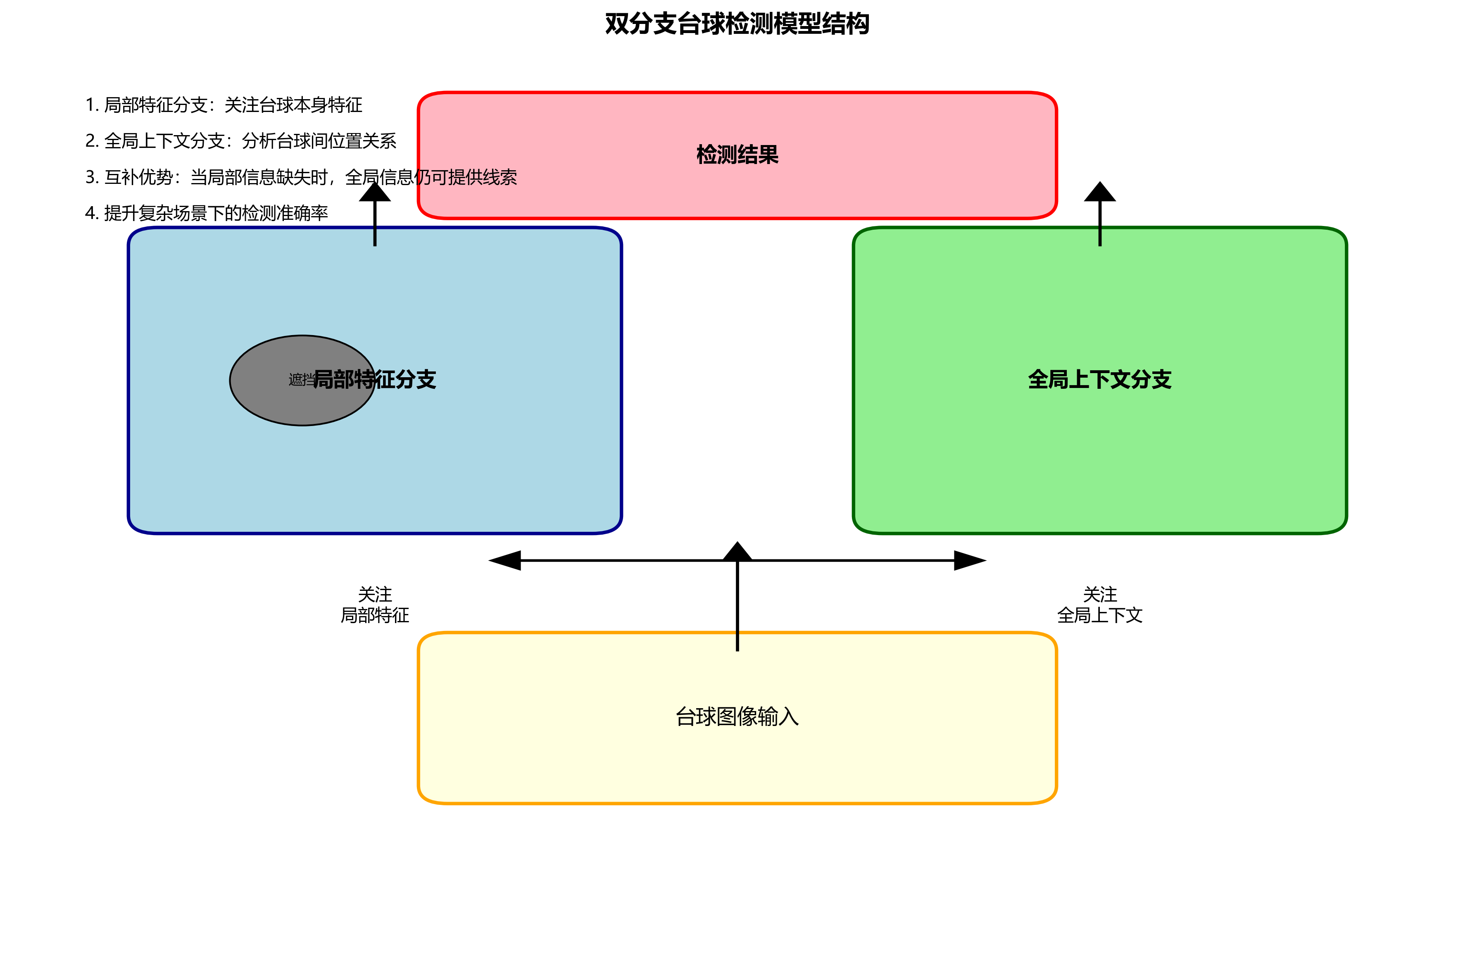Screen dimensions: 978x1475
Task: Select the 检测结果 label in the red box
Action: click(x=737, y=155)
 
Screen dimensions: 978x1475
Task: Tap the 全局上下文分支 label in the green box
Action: click(x=1099, y=379)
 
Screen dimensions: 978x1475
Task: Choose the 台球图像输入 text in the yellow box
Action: click(x=737, y=716)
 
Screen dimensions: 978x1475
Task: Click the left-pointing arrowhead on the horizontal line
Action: click(x=505, y=560)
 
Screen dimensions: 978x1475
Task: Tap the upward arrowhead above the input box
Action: click(x=737, y=551)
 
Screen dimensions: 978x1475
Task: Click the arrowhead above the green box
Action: click(x=1099, y=192)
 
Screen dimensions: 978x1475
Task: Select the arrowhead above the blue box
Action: click(x=375, y=192)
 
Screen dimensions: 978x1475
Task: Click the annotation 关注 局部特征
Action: click(x=375, y=604)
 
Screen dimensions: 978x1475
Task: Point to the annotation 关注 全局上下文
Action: click(x=1099, y=604)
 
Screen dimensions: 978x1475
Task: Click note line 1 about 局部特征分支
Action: click(x=223, y=105)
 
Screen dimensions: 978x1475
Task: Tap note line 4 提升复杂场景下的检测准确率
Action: click(x=207, y=213)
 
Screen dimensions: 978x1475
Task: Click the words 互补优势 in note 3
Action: click(x=138, y=177)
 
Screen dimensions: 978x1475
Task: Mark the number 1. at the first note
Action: click(x=92, y=105)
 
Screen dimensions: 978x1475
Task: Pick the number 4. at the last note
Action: click(x=92, y=213)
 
